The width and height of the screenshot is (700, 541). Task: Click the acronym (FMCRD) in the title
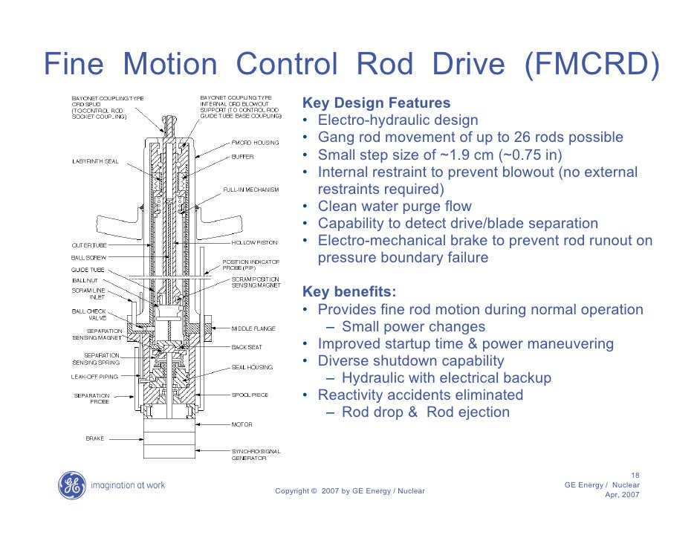(x=592, y=65)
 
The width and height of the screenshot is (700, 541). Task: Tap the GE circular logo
(x=72, y=485)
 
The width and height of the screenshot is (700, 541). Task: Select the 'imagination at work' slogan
(x=128, y=485)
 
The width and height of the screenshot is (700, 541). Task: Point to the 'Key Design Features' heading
(x=376, y=103)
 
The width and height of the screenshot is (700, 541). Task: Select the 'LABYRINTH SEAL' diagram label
(x=95, y=161)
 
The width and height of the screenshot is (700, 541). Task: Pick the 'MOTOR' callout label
(x=242, y=425)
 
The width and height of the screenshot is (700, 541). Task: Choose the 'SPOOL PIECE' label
(x=249, y=395)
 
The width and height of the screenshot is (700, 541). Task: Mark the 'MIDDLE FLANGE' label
(x=252, y=327)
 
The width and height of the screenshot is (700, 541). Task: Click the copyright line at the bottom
(x=349, y=491)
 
